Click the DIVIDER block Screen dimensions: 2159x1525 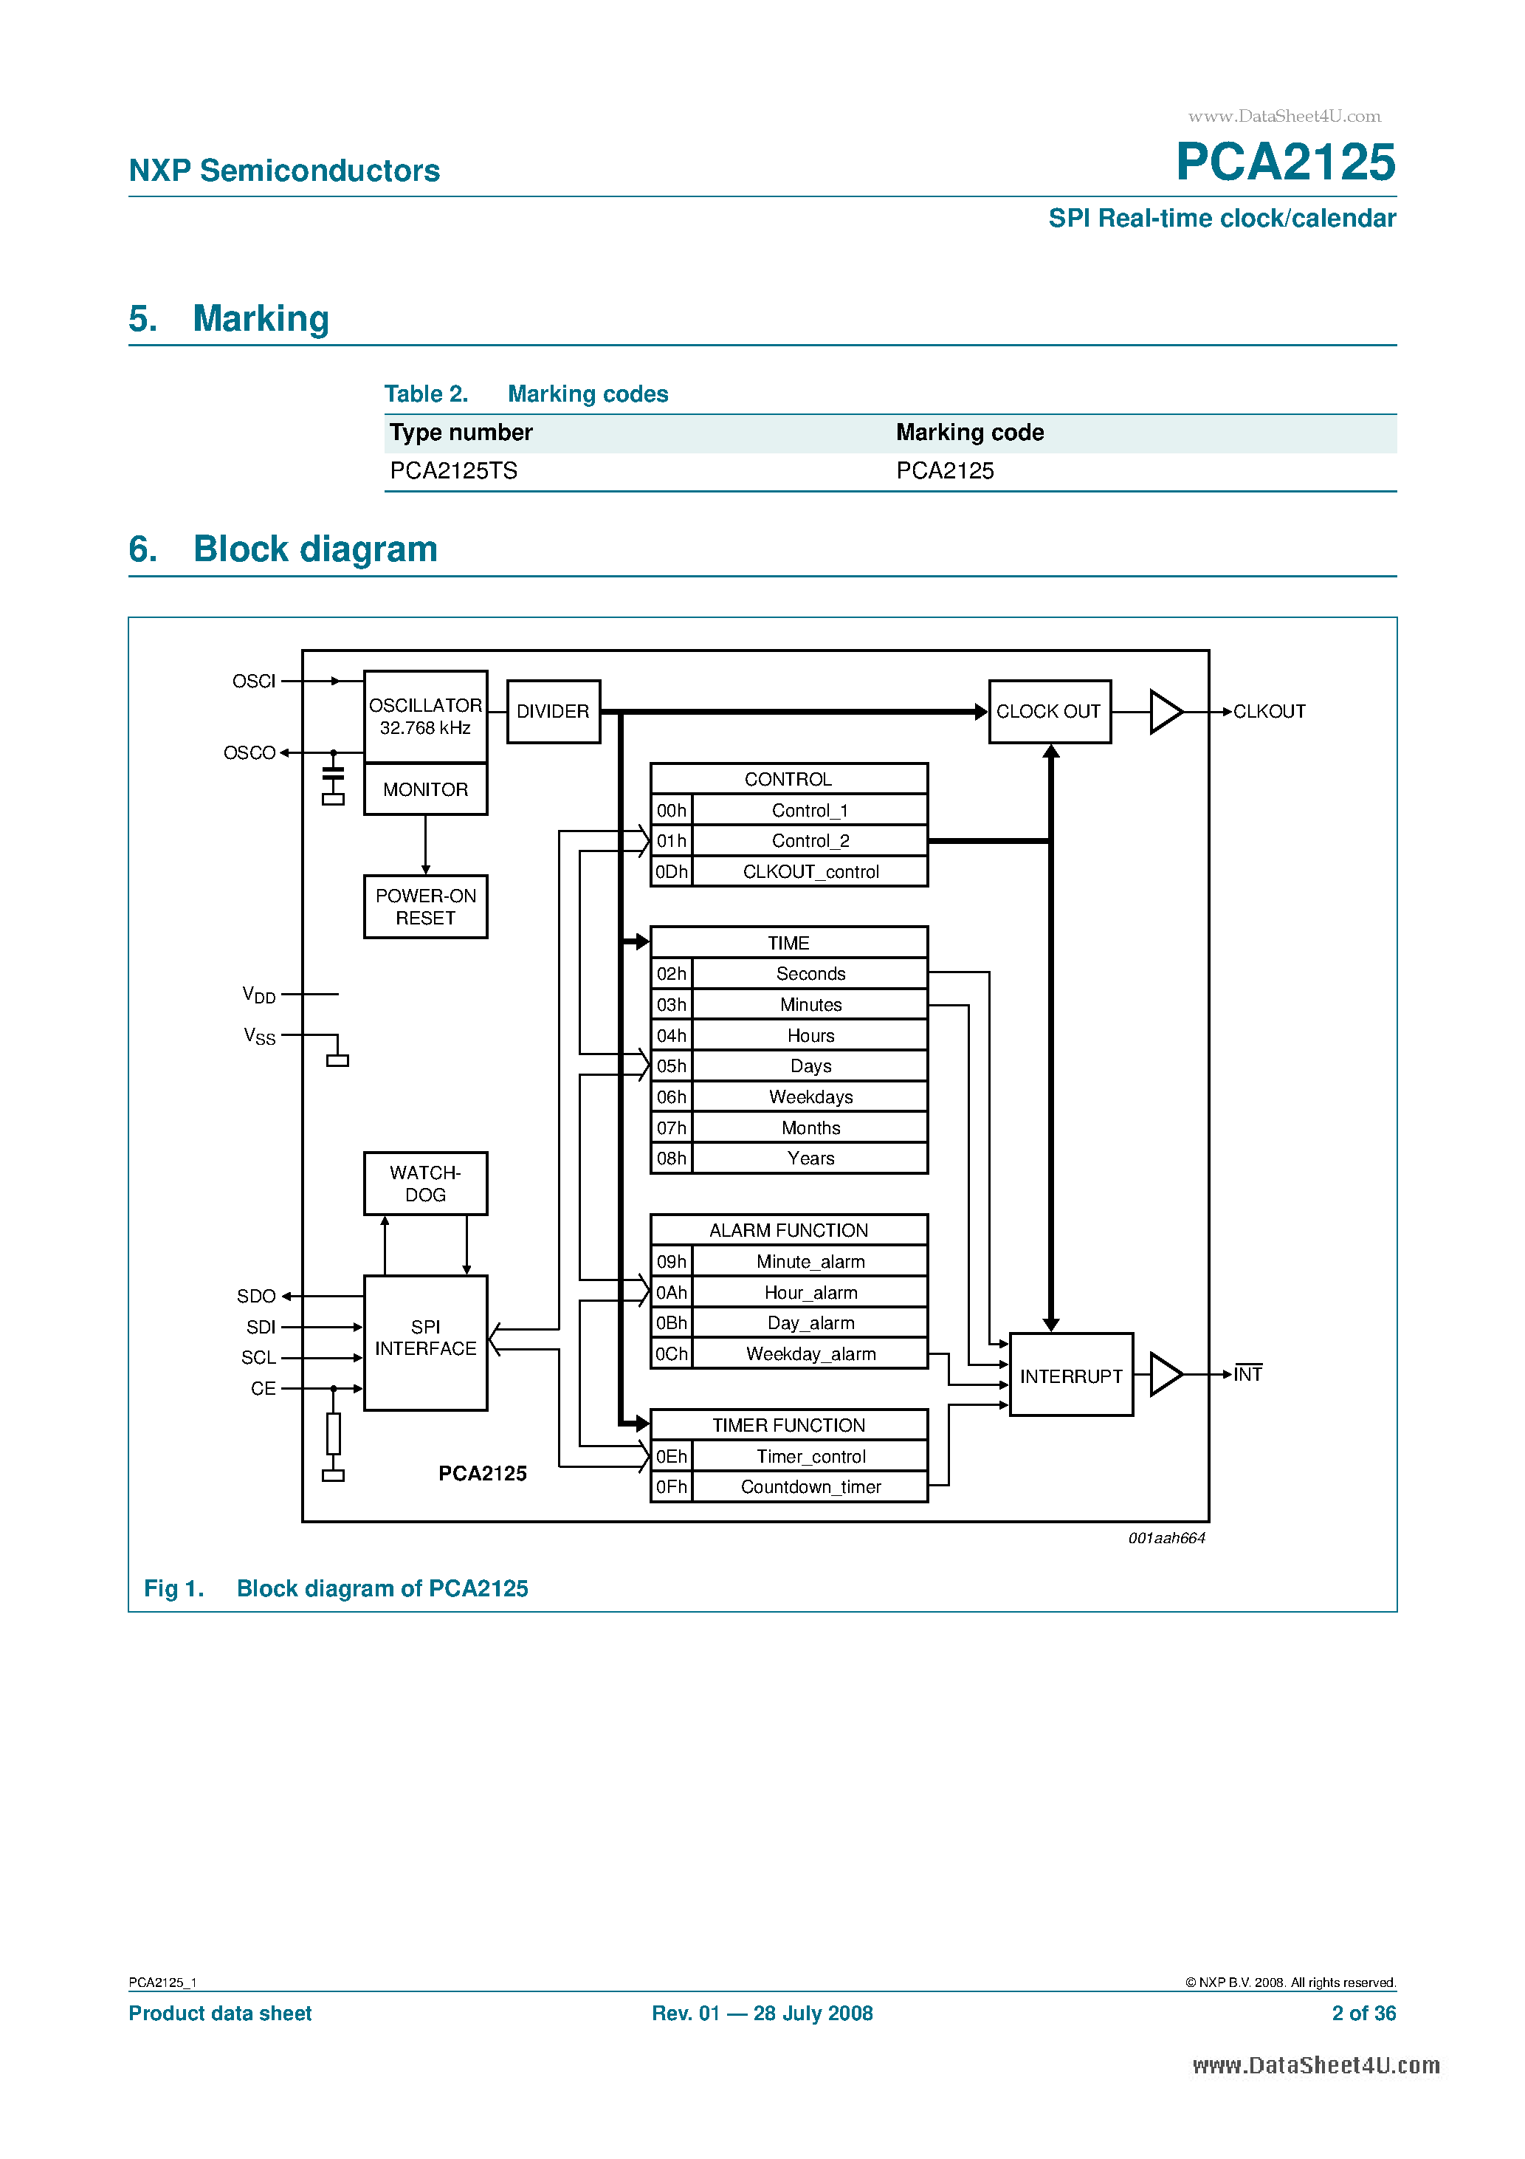coord(553,712)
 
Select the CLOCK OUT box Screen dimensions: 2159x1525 coord(1048,712)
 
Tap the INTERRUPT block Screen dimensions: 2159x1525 coord(1070,1376)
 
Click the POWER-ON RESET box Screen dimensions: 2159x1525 coord(425,907)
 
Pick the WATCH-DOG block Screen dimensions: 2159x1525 coord(425,1184)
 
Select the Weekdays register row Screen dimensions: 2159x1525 coord(810,1096)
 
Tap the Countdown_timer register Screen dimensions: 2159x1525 coord(810,1486)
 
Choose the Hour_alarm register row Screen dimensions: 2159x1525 coord(810,1292)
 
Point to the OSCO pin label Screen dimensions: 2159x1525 coord(249,753)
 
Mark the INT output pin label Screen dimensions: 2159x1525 coord(1247,1375)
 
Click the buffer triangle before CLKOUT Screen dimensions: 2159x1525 coord(1164,712)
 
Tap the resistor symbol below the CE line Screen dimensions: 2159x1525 coord(333,1434)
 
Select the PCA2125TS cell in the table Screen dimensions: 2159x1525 coord(454,471)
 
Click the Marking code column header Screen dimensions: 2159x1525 coord(969,433)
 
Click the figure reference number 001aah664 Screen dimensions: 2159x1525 coord(1166,1538)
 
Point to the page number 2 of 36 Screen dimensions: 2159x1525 coord(1363,2014)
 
